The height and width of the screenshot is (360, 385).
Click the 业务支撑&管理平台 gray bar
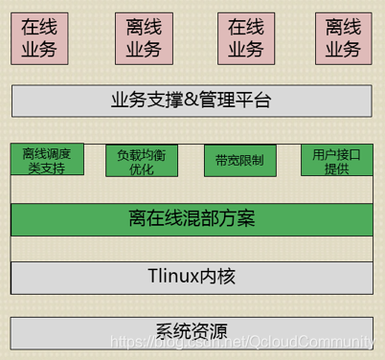192,99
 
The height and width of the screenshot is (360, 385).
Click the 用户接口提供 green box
336,160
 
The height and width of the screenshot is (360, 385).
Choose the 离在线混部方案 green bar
192,218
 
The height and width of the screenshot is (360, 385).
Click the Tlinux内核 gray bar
192,277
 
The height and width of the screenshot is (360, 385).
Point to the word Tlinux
171,277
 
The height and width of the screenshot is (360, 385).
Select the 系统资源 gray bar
192,332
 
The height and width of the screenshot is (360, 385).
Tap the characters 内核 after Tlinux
216,277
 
